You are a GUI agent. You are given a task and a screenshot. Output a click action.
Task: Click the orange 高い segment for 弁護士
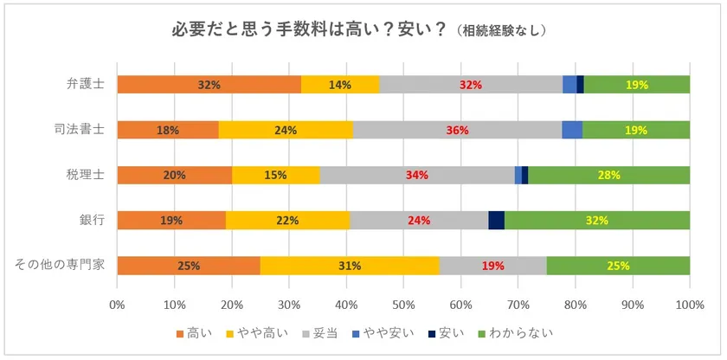[209, 85]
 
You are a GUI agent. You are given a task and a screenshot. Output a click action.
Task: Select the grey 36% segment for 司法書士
[457, 130]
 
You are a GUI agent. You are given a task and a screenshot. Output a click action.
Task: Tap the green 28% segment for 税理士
[609, 175]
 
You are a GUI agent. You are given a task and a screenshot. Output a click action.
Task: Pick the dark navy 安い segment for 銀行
[496, 220]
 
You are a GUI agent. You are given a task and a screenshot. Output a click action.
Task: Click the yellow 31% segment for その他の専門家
[350, 265]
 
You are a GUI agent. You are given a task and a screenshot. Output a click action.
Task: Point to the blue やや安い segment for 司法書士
[572, 130]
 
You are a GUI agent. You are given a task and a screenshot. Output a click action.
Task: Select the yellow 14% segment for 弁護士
[340, 85]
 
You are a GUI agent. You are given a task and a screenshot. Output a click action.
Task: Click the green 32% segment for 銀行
[597, 220]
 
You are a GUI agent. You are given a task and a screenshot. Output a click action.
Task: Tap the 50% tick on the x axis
[404, 305]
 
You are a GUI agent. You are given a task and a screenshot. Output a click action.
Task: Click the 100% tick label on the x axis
[690, 305]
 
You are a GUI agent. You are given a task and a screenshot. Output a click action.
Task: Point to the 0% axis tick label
[118, 305]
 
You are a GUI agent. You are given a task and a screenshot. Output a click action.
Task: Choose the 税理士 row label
[86, 175]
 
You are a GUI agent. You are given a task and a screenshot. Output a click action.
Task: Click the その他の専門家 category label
[59, 265]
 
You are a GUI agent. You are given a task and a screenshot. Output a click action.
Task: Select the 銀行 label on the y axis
[92, 220]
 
